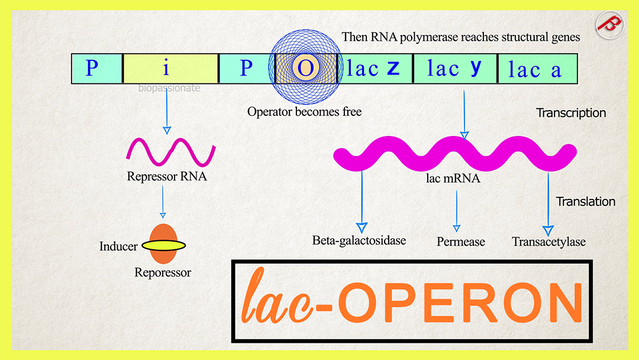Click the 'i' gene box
[170, 68]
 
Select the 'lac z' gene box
[374, 68]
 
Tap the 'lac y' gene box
[454, 68]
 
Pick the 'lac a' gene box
[536, 69]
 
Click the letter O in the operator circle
[305, 68]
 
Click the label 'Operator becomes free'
[304, 111]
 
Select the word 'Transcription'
[571, 112]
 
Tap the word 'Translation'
[585, 201]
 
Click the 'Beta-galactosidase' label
[359, 240]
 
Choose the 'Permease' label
[461, 242]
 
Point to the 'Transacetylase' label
[548, 242]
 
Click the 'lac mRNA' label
[453, 176]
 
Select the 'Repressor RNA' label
[167, 176]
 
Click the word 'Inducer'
[118, 246]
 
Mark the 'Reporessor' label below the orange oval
[163, 273]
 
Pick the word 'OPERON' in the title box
[460, 302]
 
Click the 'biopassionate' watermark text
[169, 88]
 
